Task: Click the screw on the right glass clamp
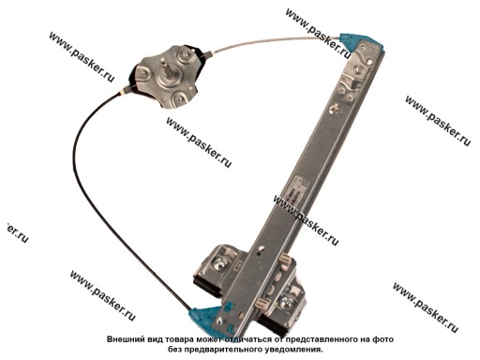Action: [287, 302]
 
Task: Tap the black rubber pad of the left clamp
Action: [207, 286]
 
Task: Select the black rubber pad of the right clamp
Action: [271, 324]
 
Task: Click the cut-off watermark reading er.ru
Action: [17, 232]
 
